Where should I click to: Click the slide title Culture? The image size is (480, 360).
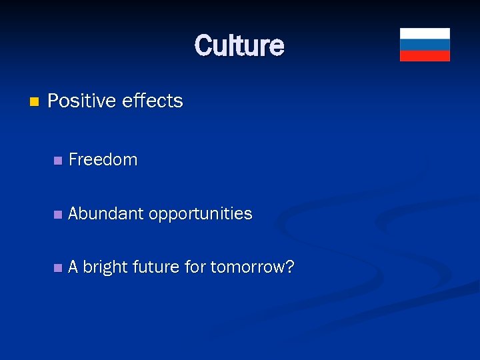coord(239,45)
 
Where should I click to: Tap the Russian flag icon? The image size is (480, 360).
coord(425,45)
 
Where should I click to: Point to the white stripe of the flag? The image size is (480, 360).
coord(425,33)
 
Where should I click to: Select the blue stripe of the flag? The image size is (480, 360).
coord(425,45)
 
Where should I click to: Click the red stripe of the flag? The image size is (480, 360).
coord(425,55)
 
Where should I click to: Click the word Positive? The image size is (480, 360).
coord(81,101)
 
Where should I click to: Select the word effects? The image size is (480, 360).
coord(153,101)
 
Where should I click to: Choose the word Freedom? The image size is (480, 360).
coord(103,160)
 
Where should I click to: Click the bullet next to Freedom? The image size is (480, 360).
coord(58,161)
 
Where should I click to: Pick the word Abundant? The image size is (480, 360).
coord(106,214)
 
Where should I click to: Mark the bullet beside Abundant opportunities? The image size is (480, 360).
coord(58,215)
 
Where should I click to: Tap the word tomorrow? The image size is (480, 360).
coord(248,267)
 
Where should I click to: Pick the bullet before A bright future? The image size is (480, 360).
coord(58,268)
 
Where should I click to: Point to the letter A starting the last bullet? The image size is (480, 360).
coord(73,267)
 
